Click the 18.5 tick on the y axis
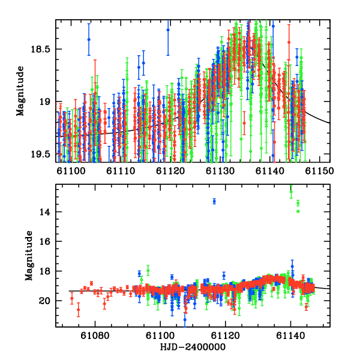45,49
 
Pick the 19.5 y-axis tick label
45,154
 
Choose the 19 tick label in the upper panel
49,102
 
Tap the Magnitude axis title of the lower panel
29,256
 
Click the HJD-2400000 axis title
193,347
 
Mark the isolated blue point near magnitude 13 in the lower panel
214,201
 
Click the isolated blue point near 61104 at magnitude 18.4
89,40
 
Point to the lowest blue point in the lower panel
185,319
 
